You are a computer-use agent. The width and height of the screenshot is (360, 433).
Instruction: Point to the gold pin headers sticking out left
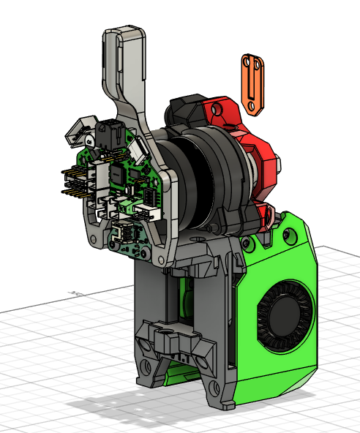tap(72, 181)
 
